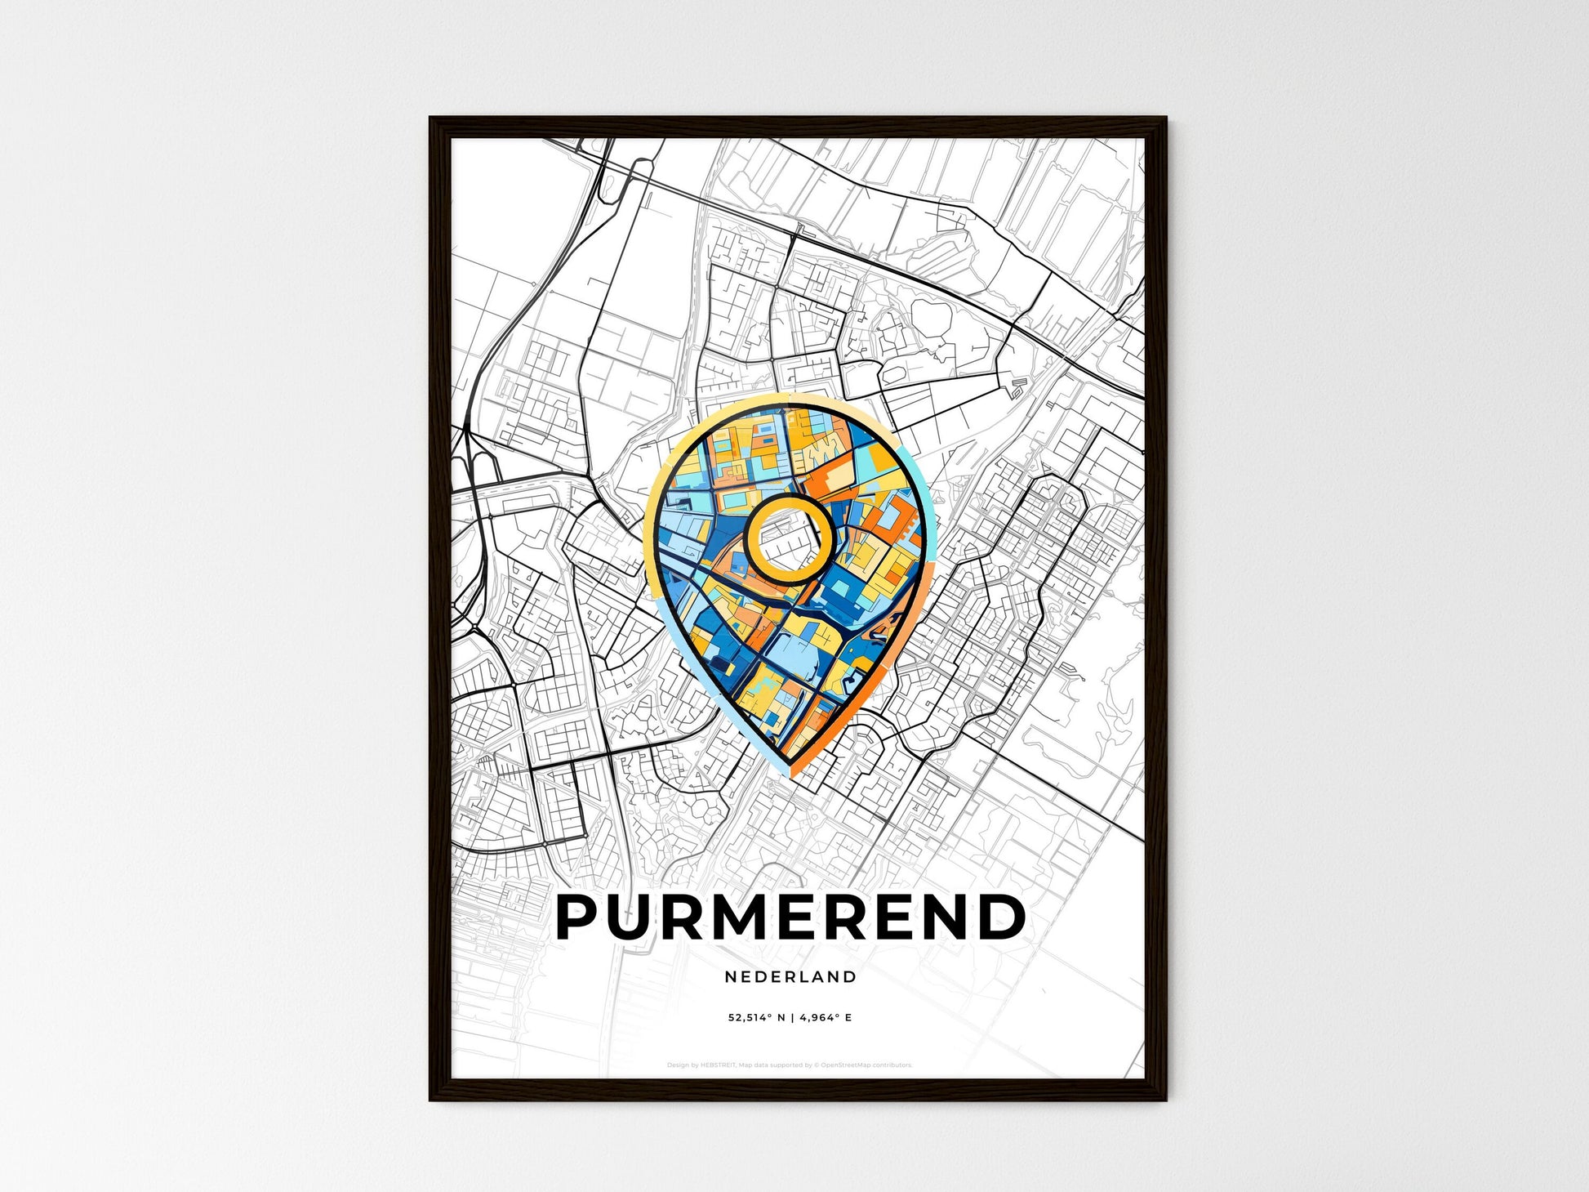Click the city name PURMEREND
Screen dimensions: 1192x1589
(790, 917)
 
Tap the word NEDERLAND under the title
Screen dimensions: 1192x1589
(790, 976)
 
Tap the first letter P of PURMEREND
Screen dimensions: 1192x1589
(578, 917)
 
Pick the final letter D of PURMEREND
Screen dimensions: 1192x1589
(1003, 917)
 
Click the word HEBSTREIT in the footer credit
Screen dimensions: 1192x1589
(719, 1065)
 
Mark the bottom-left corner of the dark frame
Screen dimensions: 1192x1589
(432, 1099)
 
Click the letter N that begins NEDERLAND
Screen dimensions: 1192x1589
(728, 976)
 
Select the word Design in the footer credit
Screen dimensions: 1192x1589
(677, 1065)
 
